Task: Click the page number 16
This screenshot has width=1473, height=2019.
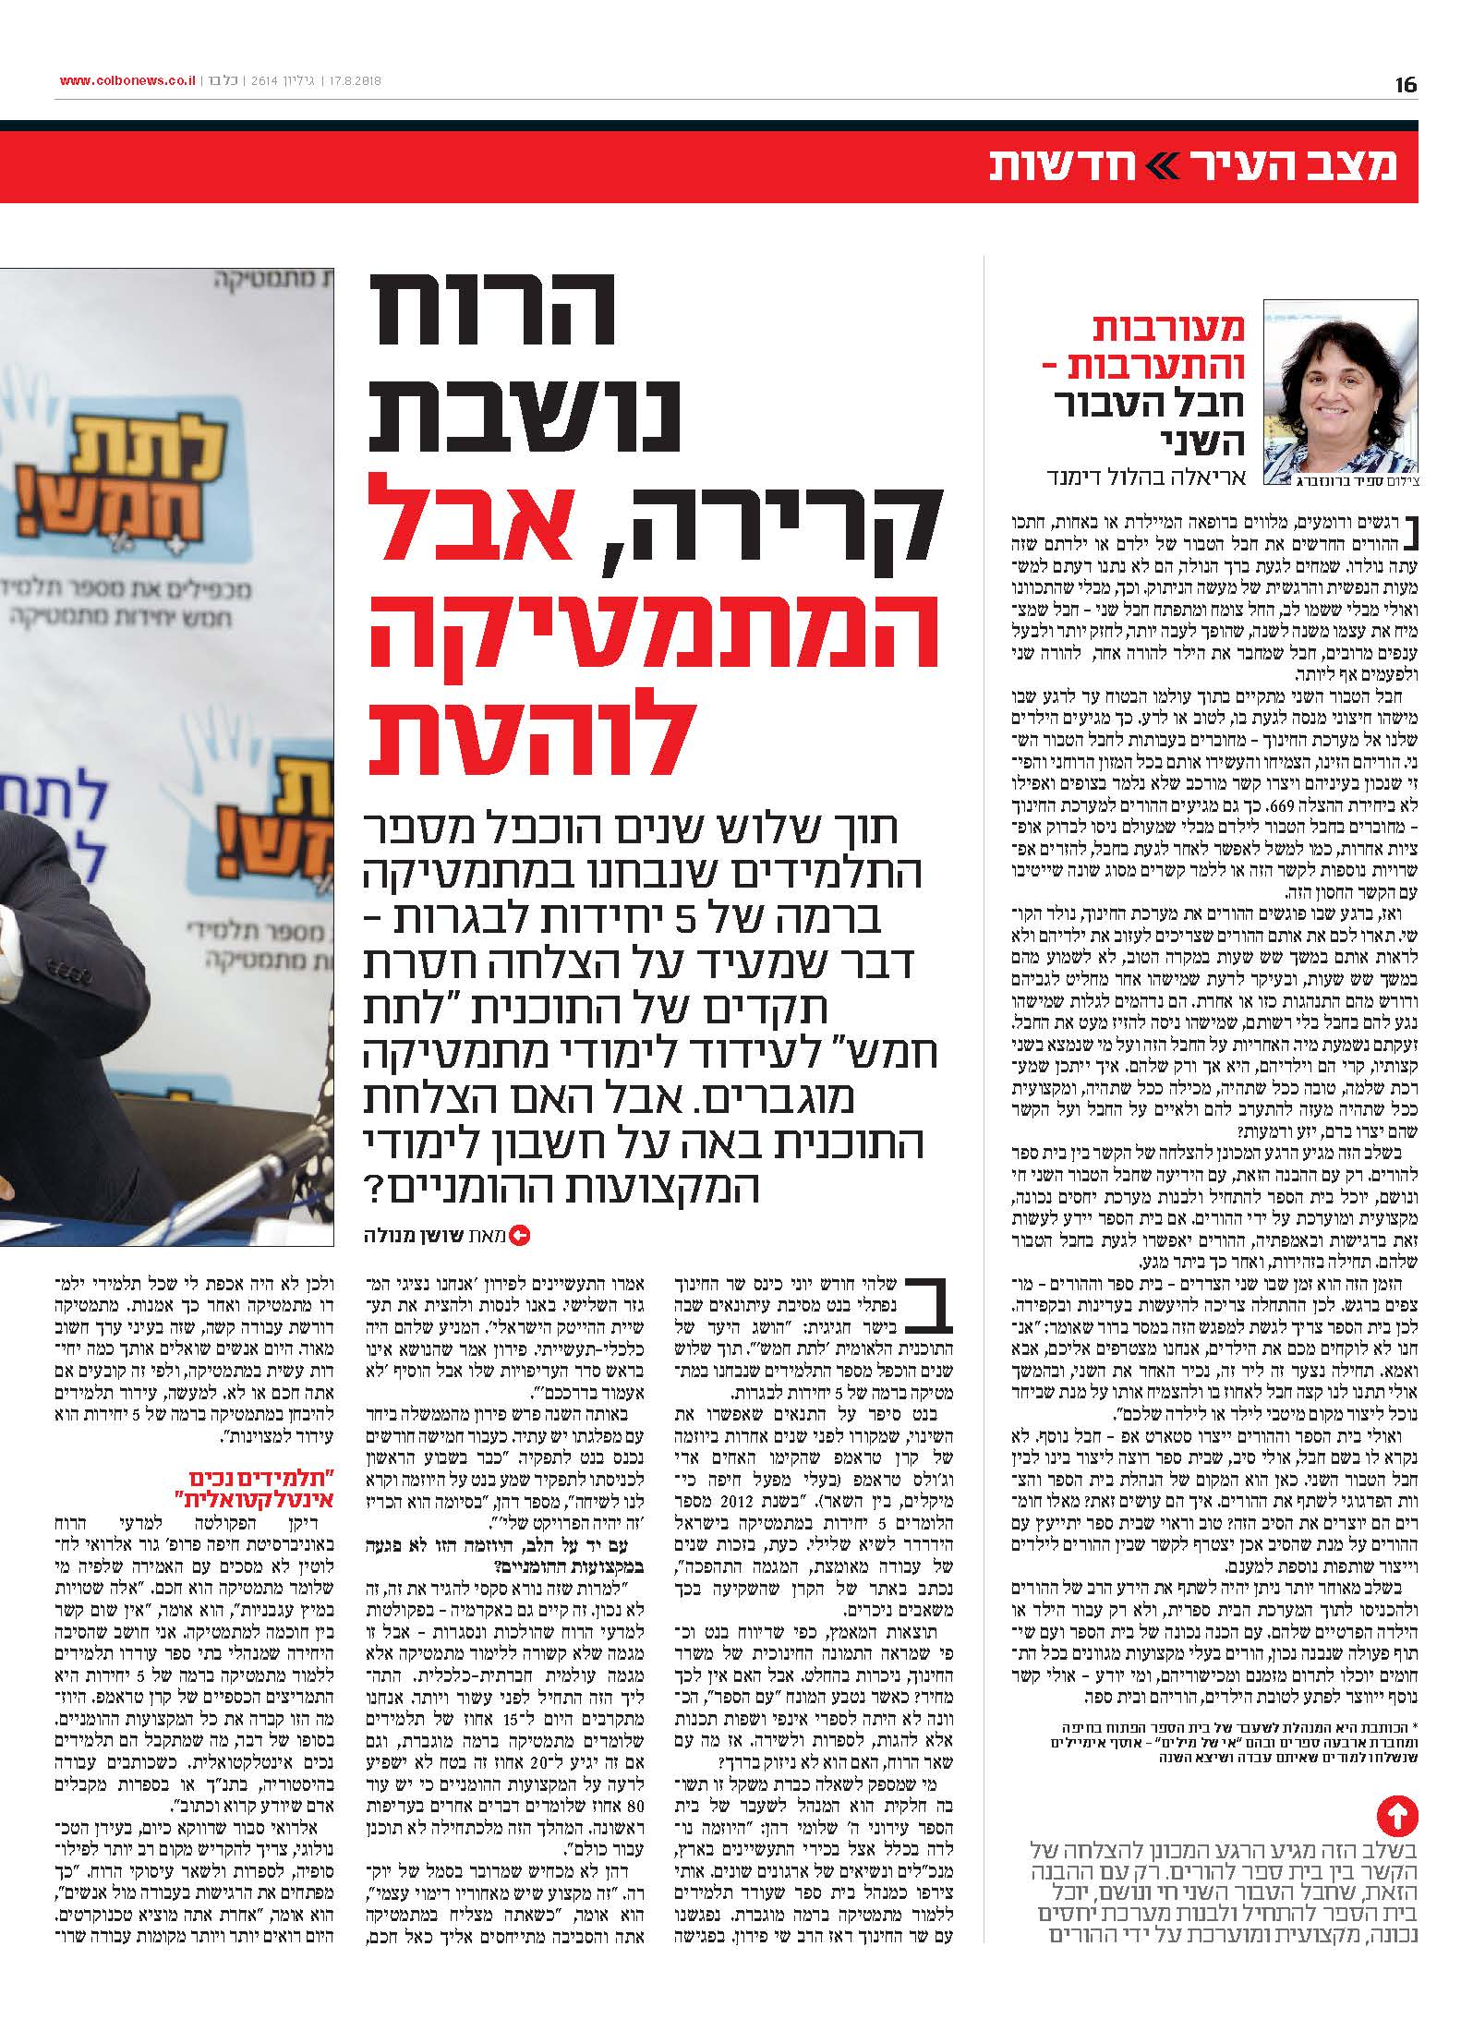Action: click(x=1406, y=85)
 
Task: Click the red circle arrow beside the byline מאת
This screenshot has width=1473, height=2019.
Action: click(x=520, y=1235)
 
